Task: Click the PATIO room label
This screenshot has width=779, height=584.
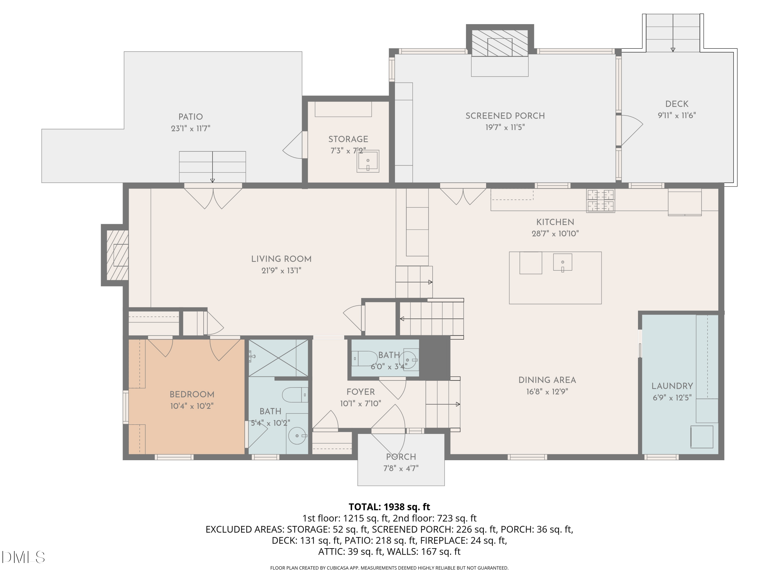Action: [x=191, y=117]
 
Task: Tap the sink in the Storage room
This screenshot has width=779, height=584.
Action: [x=368, y=161]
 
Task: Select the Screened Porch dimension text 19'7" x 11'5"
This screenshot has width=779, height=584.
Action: [x=505, y=127]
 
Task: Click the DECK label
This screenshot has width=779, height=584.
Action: [x=676, y=104]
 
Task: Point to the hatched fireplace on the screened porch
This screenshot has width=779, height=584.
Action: [x=500, y=43]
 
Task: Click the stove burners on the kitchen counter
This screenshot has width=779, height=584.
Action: [x=600, y=201]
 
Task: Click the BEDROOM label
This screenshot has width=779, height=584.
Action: [x=192, y=395]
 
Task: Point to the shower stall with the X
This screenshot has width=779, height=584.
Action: [x=278, y=358]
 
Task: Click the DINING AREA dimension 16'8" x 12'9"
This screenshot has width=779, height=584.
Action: [x=547, y=391]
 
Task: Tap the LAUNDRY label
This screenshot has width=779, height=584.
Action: [x=672, y=386]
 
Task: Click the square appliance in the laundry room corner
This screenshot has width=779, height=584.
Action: [x=702, y=437]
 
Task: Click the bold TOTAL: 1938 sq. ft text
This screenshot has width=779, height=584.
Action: [x=389, y=507]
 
